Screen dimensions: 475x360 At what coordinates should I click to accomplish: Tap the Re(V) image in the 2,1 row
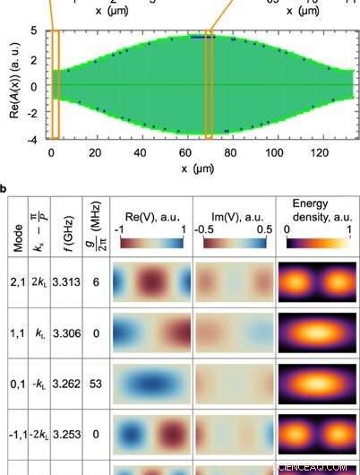pyautogui.click(x=150, y=281)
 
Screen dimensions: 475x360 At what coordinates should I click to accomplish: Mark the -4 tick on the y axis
pyautogui.click(x=33, y=140)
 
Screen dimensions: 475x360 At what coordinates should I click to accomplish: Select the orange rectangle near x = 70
pyautogui.click(x=209, y=84)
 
